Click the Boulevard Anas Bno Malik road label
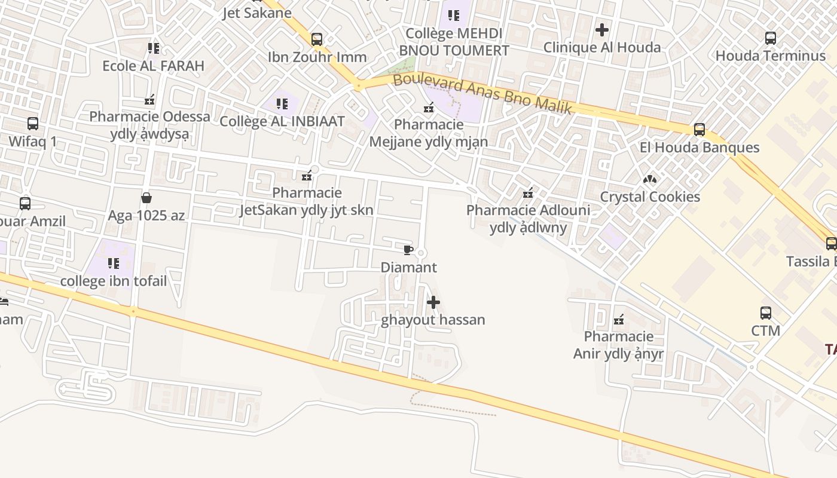point(483,93)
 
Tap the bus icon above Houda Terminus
point(771,38)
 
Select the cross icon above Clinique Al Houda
point(602,29)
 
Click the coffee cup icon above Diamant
point(408,250)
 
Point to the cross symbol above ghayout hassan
point(433,302)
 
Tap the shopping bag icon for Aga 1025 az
point(146,197)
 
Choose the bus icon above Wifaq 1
point(33,124)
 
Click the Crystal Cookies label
point(650,197)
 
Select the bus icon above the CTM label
point(766,312)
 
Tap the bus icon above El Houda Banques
point(699,129)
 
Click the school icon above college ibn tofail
point(114,263)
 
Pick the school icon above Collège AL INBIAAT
point(282,103)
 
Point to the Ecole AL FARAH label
point(154,66)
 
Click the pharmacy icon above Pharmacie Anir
point(619,320)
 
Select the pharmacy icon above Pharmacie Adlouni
point(528,193)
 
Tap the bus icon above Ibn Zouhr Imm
point(317,39)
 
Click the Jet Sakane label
point(257,13)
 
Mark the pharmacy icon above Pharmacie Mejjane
point(429,108)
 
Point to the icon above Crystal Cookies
point(650,179)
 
